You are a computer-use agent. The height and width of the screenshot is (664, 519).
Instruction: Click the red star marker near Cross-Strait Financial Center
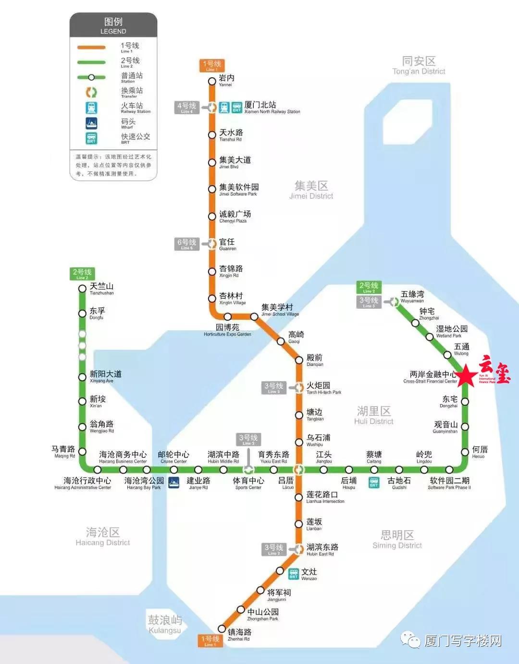coord(465,376)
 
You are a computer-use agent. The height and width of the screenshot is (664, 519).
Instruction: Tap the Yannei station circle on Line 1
coord(212,81)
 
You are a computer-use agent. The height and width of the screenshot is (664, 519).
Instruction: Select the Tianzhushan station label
coord(101,289)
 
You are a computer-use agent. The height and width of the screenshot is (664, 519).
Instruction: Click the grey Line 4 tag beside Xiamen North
coord(186,108)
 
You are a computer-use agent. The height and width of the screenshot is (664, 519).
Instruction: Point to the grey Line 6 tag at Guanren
coord(186,244)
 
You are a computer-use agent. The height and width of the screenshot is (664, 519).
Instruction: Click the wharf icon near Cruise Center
coord(174,482)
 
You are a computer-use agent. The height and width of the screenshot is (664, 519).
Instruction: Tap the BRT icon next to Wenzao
coord(294,573)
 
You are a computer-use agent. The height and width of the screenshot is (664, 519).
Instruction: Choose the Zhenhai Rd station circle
coord(222,628)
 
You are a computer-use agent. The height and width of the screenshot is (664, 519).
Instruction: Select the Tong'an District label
coord(419,65)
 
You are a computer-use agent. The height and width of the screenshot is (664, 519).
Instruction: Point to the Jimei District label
coord(311,190)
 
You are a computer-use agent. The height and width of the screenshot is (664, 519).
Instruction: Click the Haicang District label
coord(103,536)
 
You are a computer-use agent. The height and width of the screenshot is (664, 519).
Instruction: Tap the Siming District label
coord(397,539)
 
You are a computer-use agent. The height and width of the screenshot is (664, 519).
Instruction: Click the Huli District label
coord(374,415)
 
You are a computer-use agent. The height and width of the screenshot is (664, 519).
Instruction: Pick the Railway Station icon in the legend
coord(91,108)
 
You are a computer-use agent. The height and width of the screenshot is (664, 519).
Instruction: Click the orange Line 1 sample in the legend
coord(91,48)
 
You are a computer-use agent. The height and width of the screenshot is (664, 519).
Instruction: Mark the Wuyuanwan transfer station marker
coord(394,302)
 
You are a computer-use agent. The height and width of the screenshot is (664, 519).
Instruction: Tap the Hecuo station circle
coord(465,452)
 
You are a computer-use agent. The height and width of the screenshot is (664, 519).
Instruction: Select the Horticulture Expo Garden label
coord(227,330)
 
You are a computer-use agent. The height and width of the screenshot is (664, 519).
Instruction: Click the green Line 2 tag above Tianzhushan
coord(82,274)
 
